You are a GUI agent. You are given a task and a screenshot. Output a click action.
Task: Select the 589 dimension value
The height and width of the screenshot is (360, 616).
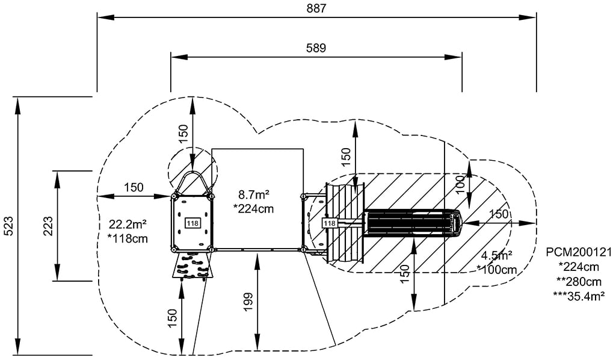pos(316,48)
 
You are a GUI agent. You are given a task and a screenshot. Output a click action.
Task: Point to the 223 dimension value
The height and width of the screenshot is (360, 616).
pos(48,226)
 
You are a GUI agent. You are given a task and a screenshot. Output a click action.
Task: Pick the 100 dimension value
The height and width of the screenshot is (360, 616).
pos(460,185)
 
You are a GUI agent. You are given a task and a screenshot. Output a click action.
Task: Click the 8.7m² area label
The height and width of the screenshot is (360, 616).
pos(253,194)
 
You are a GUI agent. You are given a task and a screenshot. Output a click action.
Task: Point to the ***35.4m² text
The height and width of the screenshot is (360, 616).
pos(579,295)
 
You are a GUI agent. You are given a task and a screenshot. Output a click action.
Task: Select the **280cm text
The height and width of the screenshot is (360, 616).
pos(579,281)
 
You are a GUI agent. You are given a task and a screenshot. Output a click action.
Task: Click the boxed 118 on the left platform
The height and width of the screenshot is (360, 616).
pos(192,223)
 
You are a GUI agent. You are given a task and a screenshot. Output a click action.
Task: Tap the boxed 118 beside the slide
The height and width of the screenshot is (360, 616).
pos(330,223)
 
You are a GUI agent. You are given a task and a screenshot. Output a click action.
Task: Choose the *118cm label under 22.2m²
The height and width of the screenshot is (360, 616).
pos(128,238)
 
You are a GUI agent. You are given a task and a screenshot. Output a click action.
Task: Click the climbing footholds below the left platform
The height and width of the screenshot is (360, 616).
pos(192,265)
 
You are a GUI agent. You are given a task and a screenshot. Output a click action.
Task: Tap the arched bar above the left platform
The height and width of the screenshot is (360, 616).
pos(192,181)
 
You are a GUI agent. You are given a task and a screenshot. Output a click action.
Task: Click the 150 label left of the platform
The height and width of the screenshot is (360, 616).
pos(134,187)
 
